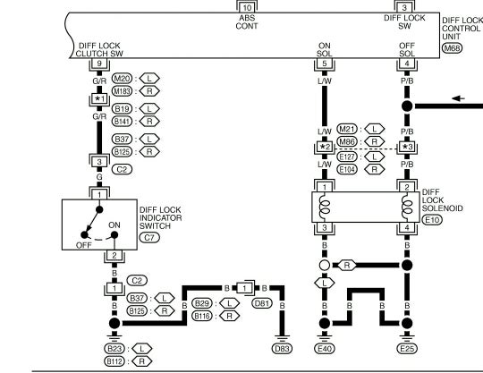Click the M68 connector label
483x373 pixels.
tap(453, 48)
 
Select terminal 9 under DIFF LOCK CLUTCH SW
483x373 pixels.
tap(99, 64)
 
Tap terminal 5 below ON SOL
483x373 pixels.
tap(325, 64)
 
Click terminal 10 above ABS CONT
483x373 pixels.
tap(247, 7)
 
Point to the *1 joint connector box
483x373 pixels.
tap(99, 99)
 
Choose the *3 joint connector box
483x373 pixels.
tap(407, 147)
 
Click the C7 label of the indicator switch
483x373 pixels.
tap(149, 237)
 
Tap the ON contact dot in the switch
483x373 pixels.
tap(114, 235)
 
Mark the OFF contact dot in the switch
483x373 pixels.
tap(84, 235)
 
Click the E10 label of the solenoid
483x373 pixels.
tap(432, 220)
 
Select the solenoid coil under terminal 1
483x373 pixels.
tap(325, 207)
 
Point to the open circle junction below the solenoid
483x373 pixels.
tap(324, 265)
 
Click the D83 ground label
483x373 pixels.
tap(282, 348)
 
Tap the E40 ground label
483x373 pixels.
tap(325, 348)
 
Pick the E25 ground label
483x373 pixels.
tap(407, 348)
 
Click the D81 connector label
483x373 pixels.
tap(262, 303)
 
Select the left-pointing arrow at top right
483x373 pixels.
tap(458, 98)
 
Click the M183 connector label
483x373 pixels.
tap(122, 91)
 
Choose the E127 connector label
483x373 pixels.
tap(347, 157)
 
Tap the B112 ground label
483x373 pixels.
tap(114, 361)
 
